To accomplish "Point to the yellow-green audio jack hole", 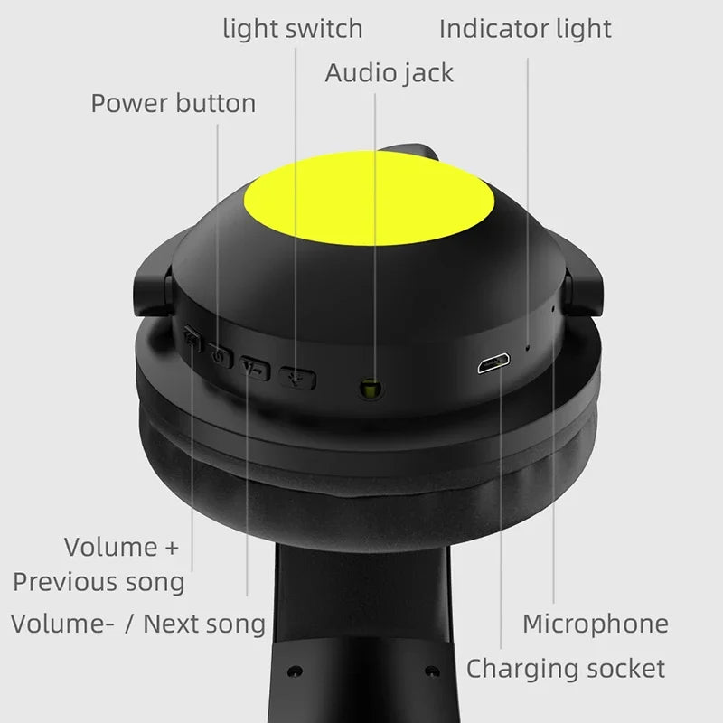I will click(368, 389).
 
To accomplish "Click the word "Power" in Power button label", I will click(129, 103).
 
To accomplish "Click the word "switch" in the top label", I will click(324, 28).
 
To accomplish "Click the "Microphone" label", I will click(596, 623).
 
